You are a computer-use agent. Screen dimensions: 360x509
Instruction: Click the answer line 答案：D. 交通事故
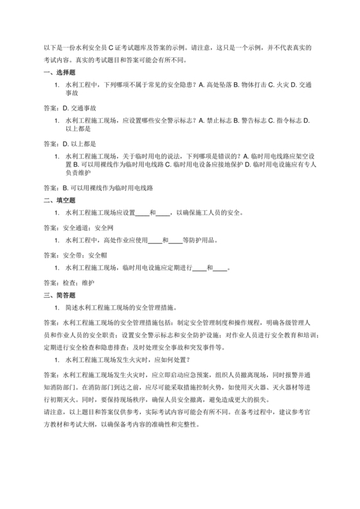[x=69, y=107]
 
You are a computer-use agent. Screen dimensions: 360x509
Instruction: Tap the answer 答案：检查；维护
[x=69, y=282]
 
